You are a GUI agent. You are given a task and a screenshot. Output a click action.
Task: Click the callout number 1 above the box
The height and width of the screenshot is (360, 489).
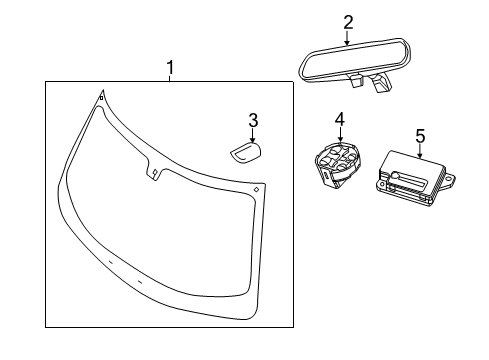tap(170, 67)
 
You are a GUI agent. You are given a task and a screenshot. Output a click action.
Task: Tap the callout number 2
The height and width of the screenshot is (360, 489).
tap(347, 21)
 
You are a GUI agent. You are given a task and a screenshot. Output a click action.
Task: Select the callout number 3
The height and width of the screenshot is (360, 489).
tap(253, 121)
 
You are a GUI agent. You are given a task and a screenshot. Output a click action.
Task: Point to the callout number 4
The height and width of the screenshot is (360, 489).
tap(339, 120)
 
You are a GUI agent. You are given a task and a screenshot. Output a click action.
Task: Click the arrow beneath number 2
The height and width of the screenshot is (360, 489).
tap(347, 41)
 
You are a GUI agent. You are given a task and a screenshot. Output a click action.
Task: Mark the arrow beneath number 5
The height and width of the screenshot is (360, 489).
tap(420, 152)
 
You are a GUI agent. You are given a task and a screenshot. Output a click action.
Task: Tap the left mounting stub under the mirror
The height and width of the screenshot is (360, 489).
tap(356, 83)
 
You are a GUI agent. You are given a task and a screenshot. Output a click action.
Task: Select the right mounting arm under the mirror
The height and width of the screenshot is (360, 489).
tap(381, 88)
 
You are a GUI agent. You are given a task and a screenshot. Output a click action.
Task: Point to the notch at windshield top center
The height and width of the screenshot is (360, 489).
tap(154, 172)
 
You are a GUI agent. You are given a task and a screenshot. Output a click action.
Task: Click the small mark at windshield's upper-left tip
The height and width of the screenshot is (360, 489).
tap(100, 97)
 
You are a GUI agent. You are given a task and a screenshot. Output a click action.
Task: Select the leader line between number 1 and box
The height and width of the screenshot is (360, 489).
tap(170, 77)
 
